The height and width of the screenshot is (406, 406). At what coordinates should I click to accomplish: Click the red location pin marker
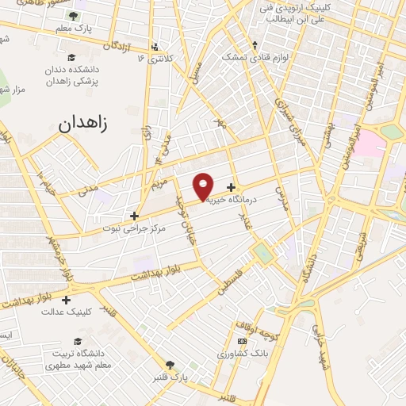point(204,186)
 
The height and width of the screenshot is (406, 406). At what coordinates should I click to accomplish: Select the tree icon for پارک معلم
point(73,16)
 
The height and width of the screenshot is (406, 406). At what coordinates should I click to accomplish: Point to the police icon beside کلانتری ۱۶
point(154,46)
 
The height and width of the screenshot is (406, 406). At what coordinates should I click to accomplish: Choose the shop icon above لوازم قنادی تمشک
point(255,44)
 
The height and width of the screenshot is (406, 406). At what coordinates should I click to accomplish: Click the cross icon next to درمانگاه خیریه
point(231,188)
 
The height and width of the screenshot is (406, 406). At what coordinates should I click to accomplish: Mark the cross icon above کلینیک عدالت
point(66,300)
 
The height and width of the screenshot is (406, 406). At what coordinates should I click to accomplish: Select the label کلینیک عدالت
point(67,312)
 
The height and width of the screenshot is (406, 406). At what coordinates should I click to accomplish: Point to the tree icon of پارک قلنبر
point(170,365)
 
